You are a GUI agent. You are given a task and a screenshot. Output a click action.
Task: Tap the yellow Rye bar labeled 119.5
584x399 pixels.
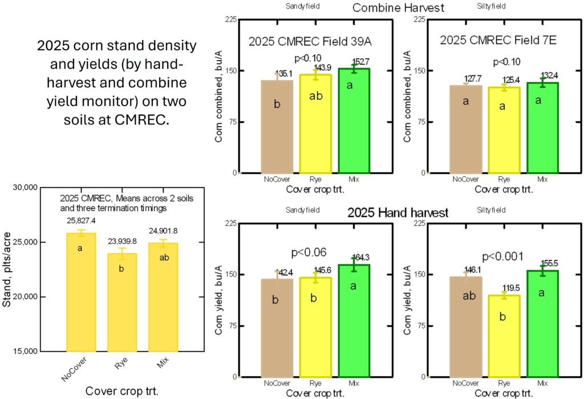[x=502, y=336]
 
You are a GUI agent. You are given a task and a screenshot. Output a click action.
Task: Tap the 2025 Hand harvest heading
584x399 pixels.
[x=399, y=213]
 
